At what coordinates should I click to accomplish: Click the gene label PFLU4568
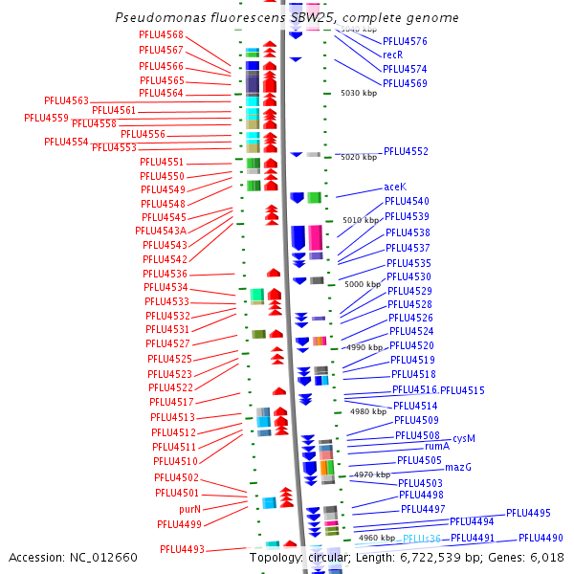click(161, 35)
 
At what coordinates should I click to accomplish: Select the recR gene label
click(392, 55)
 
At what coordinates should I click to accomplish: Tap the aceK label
click(395, 187)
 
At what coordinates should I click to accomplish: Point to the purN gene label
click(189, 509)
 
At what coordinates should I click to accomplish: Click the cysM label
click(463, 439)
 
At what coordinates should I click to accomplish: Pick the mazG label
click(458, 467)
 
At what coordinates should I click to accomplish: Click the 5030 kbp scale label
click(359, 93)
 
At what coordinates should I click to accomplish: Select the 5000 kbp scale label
click(362, 284)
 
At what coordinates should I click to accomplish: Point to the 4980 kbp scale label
click(367, 411)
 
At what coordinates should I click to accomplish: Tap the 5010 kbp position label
click(361, 220)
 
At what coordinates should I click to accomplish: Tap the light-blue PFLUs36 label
click(421, 540)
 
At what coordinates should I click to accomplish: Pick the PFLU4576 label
click(405, 41)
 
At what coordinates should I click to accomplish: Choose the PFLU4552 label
click(406, 151)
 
